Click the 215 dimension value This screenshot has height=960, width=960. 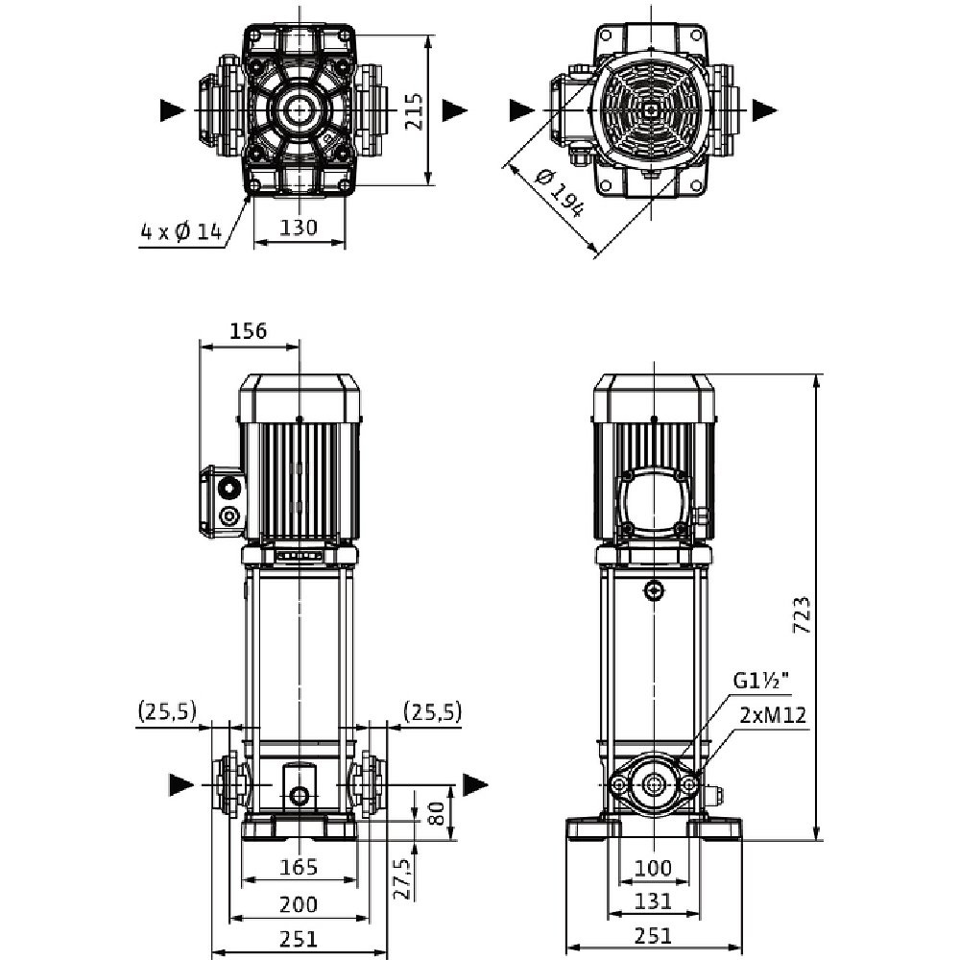(x=413, y=110)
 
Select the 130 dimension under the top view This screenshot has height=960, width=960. (x=299, y=228)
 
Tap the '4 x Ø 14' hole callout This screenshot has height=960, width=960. (x=181, y=231)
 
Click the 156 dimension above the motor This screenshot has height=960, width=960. (x=249, y=329)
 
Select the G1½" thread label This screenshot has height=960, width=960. (x=761, y=682)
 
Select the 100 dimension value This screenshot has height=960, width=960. (x=653, y=868)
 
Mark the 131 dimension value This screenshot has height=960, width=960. (x=653, y=902)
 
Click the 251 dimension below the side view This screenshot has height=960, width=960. (x=653, y=937)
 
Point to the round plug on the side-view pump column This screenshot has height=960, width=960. (x=654, y=589)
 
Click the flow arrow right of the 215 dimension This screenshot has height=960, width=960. (x=454, y=110)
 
